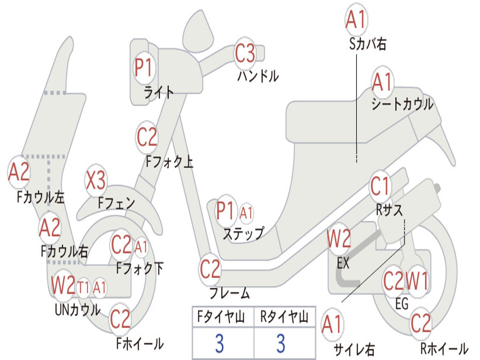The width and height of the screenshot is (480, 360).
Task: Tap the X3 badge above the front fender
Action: [x=96, y=180]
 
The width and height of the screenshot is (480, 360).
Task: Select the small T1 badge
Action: [x=83, y=287]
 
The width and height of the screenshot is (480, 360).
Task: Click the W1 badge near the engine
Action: [x=417, y=281]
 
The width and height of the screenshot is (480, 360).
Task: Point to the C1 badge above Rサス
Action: [x=380, y=186]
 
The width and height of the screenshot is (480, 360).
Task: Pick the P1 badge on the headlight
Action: [x=143, y=67]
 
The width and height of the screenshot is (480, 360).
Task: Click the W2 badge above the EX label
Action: [x=339, y=239]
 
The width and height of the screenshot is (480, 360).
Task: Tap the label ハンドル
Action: [x=258, y=76]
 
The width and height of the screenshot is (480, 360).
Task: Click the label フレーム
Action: [x=230, y=293]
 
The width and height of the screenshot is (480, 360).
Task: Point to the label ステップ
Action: [x=243, y=233]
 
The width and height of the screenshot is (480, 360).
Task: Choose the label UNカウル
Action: [x=78, y=310]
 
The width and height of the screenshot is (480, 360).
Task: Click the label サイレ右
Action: [x=354, y=349]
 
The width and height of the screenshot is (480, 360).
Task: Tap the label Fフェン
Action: [x=116, y=202]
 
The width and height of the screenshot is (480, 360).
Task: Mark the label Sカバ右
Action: [x=367, y=44]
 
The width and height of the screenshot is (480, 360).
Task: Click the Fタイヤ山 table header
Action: [x=221, y=317]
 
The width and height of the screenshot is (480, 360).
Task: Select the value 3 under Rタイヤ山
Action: [x=281, y=344]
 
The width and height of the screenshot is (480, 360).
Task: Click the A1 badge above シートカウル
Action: [x=382, y=82]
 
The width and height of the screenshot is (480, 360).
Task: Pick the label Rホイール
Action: [x=444, y=348]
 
